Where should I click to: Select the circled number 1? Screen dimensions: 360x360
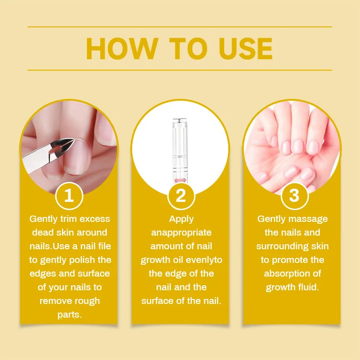[x=69, y=195]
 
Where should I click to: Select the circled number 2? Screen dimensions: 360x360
[x=181, y=195]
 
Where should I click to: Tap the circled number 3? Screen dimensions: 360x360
[x=294, y=195]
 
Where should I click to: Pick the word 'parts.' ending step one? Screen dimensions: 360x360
[x=70, y=314]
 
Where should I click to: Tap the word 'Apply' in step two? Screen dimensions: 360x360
[x=181, y=219]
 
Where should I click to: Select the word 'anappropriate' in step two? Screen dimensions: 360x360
[x=181, y=232]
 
